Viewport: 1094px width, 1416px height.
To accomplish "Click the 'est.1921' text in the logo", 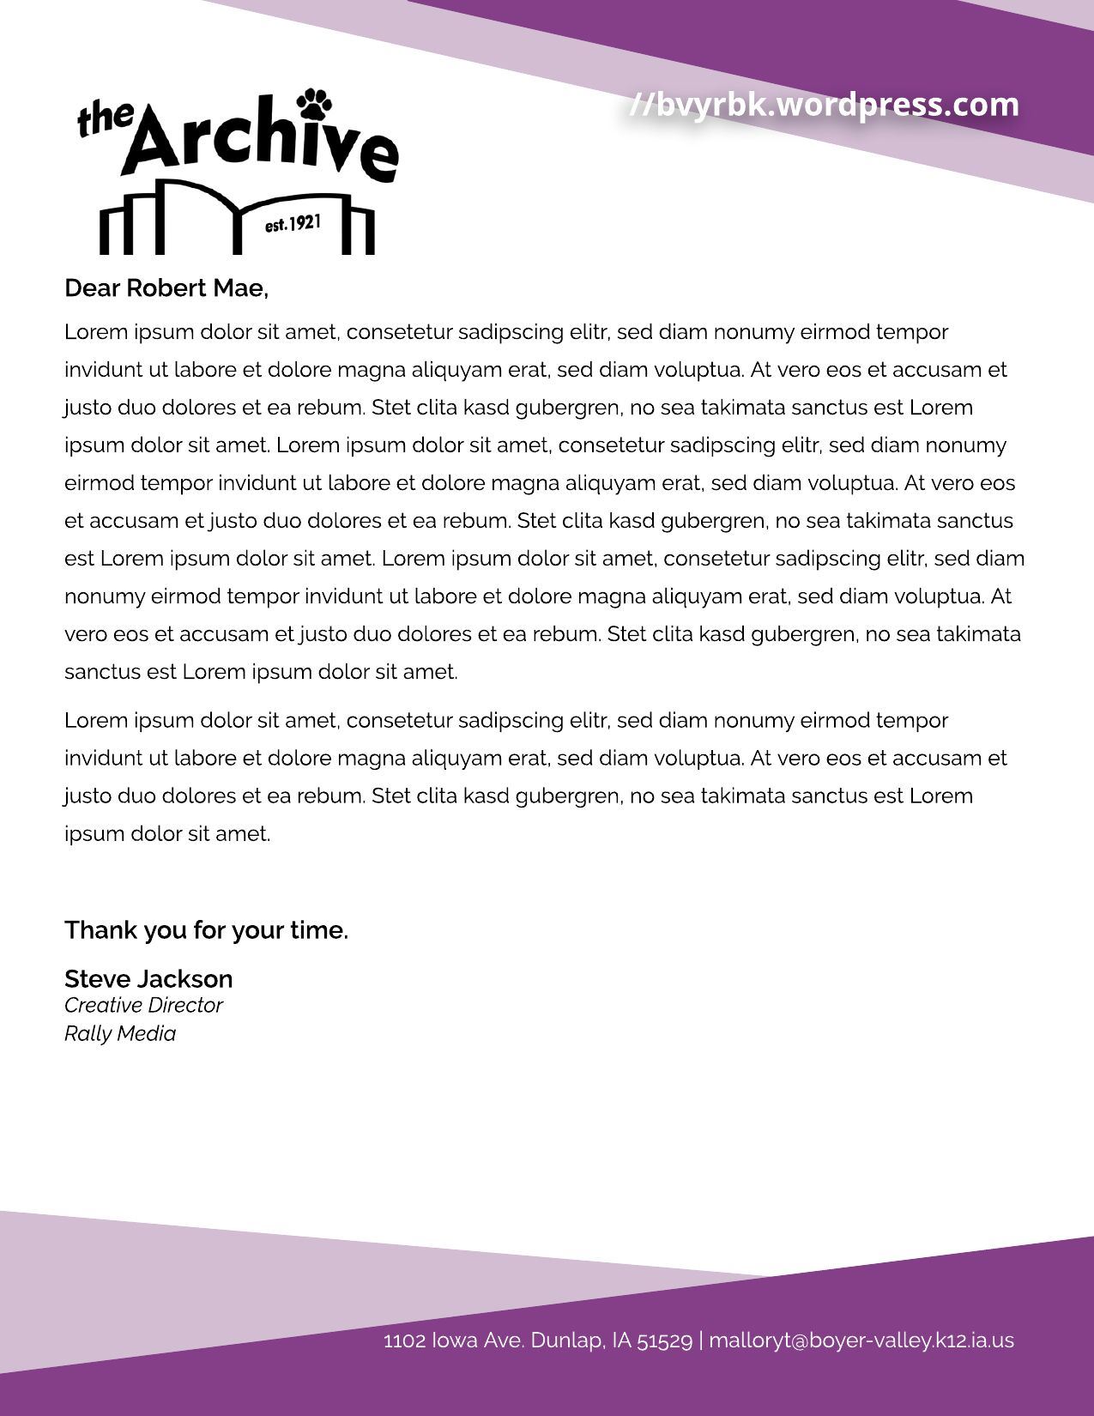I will [293, 225].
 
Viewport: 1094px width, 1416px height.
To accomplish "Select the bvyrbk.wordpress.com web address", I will [824, 105].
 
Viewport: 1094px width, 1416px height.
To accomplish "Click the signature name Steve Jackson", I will [148, 979].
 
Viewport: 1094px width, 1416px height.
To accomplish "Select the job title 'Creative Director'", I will [143, 1006].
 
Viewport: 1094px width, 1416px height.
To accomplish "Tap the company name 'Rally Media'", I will [120, 1034].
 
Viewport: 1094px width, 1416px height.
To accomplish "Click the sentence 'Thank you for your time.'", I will [206, 930].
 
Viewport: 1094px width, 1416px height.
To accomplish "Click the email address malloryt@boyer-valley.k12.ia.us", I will [861, 1340].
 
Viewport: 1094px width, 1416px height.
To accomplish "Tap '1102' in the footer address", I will [404, 1340].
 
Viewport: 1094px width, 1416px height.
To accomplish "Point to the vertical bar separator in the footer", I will [701, 1340].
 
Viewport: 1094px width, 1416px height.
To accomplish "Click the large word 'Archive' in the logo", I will [257, 142].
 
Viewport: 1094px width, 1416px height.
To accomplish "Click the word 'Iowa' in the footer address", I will [455, 1340].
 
